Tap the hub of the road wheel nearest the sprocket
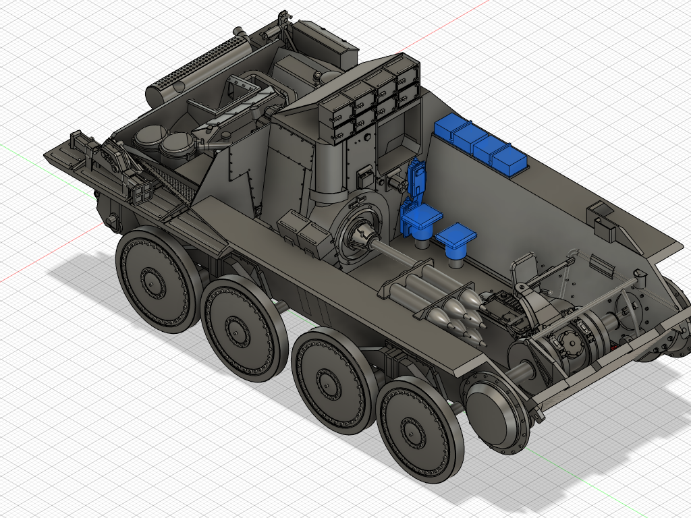[410, 428]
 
